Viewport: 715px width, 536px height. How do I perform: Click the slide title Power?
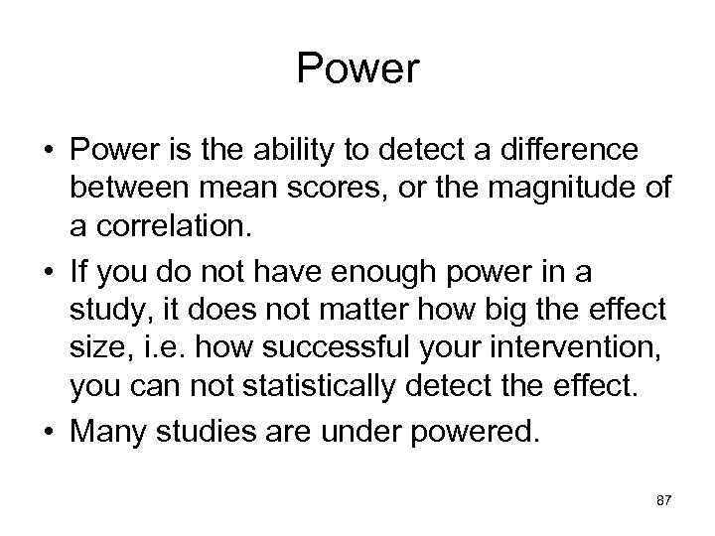358,68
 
